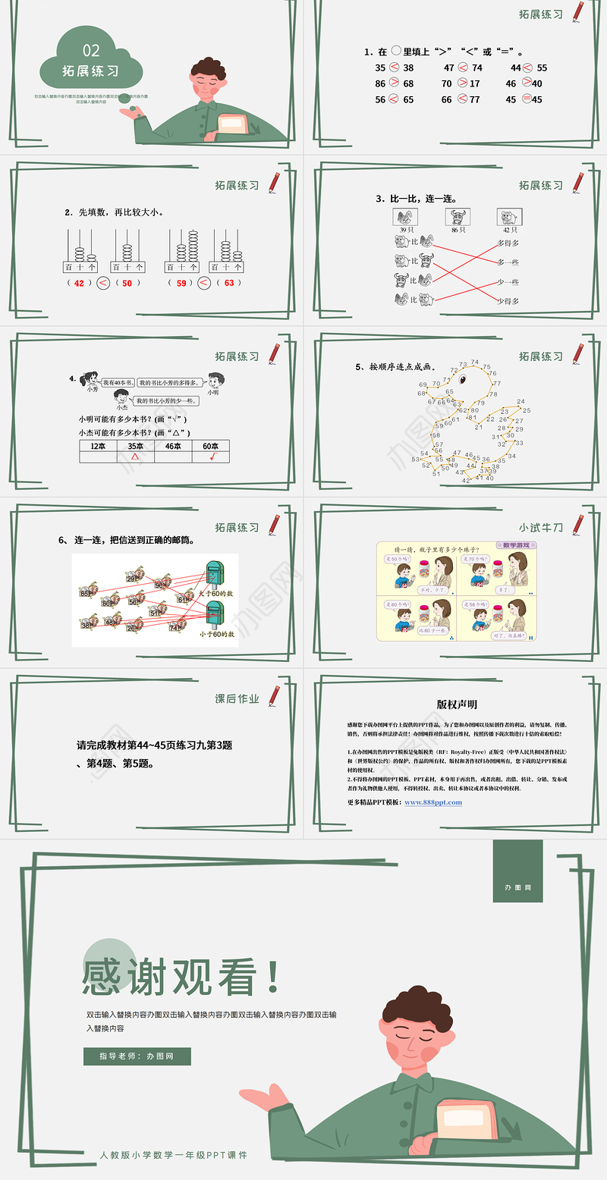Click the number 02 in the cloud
[x=90, y=51]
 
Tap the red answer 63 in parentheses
[x=229, y=283]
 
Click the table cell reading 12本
[x=98, y=447]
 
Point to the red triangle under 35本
[x=135, y=457]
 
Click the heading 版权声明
[x=457, y=705]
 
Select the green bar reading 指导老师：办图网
[x=137, y=1056]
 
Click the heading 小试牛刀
[x=541, y=528]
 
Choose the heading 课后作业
[x=237, y=698]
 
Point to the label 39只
[x=403, y=230]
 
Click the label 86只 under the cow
[x=457, y=230]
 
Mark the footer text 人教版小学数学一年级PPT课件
[x=174, y=1155]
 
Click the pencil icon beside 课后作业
[x=273, y=695]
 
